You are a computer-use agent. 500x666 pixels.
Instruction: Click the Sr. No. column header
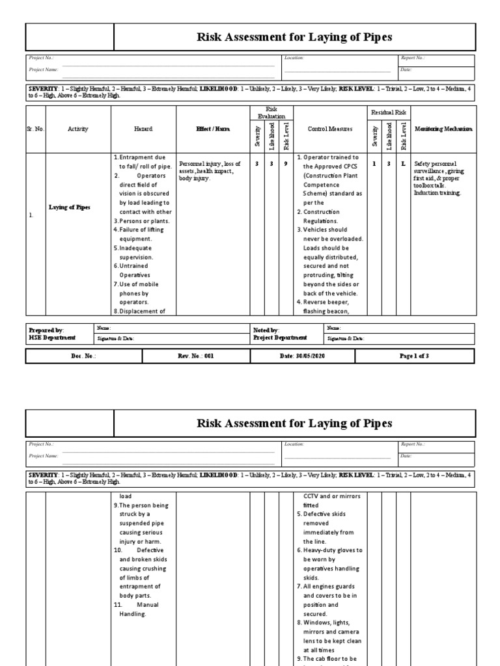(35, 129)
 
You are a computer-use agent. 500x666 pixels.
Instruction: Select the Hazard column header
(143, 129)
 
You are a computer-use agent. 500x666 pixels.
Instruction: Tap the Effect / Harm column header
(213, 129)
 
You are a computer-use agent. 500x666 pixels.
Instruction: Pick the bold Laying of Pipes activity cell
(70, 207)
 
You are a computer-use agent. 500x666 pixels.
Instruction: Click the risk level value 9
(286, 164)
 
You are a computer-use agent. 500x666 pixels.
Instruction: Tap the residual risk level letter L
(404, 164)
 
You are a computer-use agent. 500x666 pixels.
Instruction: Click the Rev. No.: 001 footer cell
(196, 356)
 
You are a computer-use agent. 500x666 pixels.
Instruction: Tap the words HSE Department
(52, 338)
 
